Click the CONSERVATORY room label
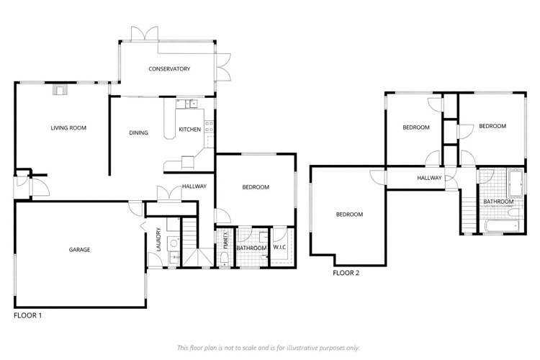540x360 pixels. click(169, 69)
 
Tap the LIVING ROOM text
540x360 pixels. click(68, 128)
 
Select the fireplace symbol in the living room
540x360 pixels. click(60, 90)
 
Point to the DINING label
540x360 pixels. click(138, 132)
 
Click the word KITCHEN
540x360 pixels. click(189, 130)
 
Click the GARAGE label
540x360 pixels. click(79, 250)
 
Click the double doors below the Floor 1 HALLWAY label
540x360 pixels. click(168, 194)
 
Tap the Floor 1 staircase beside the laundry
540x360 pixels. click(188, 235)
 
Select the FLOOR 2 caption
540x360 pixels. click(346, 274)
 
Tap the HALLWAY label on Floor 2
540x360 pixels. click(429, 178)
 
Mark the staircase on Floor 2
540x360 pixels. click(469, 215)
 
